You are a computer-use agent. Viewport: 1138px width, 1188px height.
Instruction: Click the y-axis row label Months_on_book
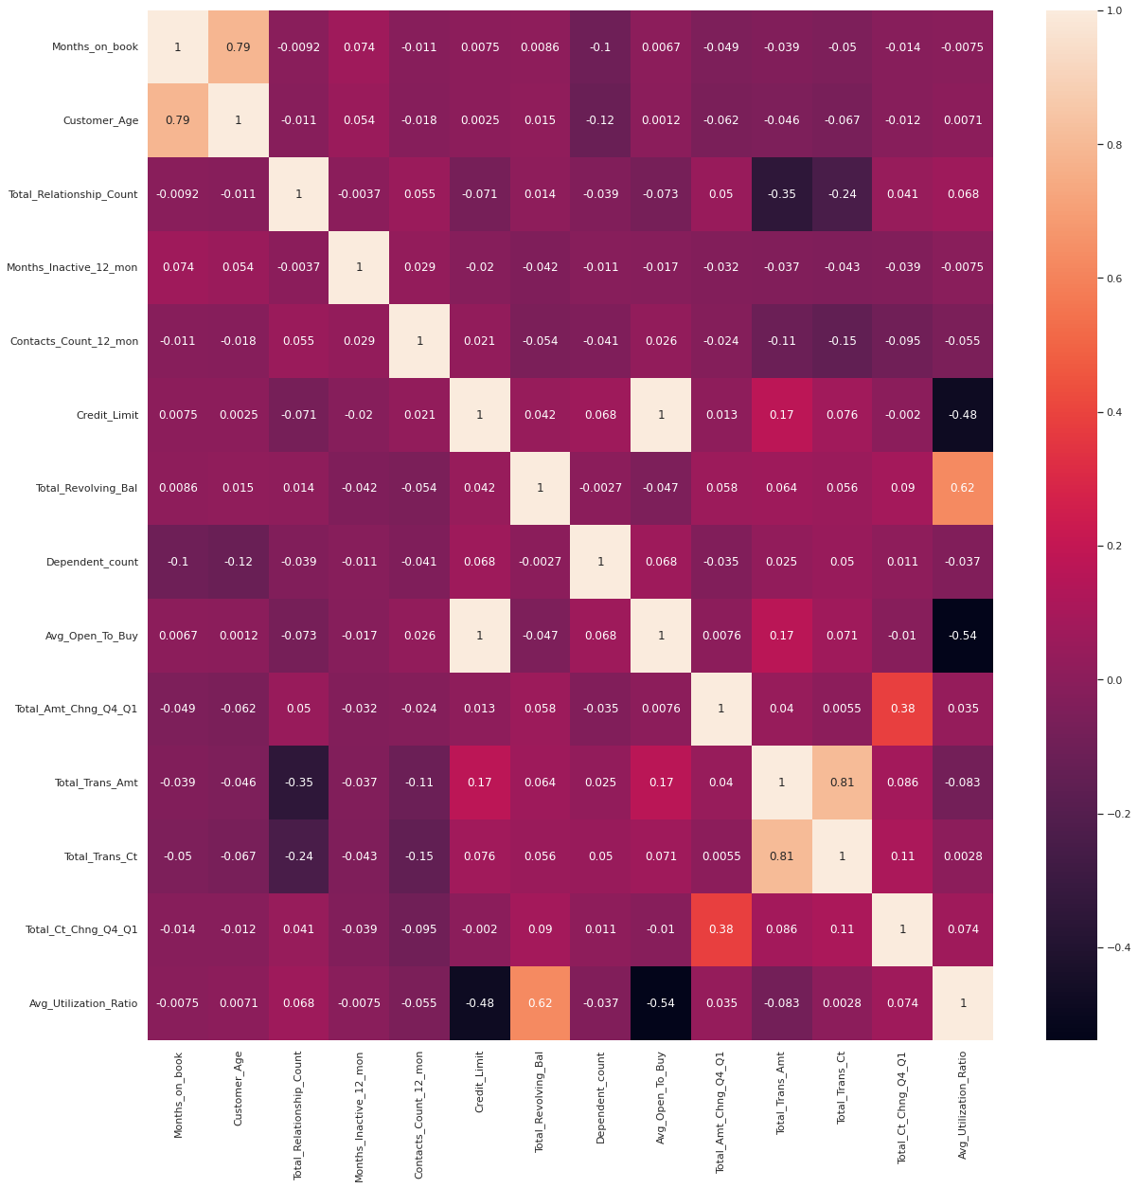click(95, 47)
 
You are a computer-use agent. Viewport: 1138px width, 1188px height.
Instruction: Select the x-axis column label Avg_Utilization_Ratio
click(963, 1105)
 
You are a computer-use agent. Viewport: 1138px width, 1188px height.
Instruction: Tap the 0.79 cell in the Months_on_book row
click(238, 47)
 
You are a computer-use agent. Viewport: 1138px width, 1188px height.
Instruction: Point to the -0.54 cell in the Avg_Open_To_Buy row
click(963, 636)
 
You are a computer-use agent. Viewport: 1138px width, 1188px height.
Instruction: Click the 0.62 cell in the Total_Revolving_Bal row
click(963, 488)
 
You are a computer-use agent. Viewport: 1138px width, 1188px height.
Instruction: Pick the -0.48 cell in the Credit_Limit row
click(963, 415)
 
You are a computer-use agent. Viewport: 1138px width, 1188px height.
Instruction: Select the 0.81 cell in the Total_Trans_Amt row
click(842, 783)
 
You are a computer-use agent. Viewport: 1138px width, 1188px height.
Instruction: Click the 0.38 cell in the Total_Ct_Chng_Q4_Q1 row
click(721, 929)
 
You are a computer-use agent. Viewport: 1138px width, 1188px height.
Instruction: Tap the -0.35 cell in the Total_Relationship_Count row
click(782, 194)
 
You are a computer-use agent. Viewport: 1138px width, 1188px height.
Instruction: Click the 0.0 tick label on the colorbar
click(1113, 680)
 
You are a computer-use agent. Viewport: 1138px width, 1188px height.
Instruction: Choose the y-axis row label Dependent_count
click(92, 562)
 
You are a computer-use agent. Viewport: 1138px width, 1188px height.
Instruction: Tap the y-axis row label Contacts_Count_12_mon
click(74, 341)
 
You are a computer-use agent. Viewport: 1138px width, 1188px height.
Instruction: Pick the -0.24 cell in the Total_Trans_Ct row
click(298, 856)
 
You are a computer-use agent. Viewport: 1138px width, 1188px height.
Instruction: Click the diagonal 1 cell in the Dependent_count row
click(600, 562)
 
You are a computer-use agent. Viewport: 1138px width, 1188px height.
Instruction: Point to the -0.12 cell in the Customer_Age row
click(600, 120)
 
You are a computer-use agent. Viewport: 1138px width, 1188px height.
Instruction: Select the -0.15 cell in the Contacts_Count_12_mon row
click(842, 341)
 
